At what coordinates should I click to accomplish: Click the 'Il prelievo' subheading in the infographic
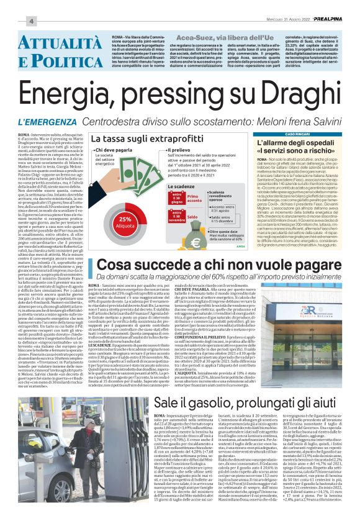click(x=182, y=150)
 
